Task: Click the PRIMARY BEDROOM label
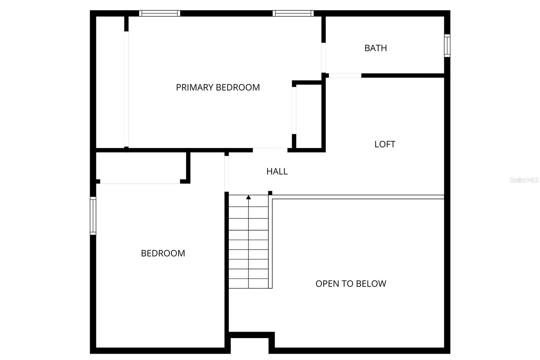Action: click(x=218, y=87)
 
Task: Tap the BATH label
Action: click(x=376, y=48)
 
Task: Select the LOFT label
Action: click(x=385, y=144)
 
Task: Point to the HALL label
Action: click(x=277, y=171)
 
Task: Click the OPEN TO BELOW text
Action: click(x=351, y=284)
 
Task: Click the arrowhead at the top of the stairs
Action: click(x=248, y=197)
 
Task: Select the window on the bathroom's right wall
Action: click(x=447, y=46)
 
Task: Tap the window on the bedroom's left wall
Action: click(x=93, y=216)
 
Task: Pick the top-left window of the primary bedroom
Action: click(x=160, y=13)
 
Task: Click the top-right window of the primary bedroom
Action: click(x=293, y=13)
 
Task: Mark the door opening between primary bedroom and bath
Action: click(x=324, y=58)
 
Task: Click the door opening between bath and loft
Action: click(x=345, y=76)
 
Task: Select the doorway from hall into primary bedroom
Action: click(x=270, y=150)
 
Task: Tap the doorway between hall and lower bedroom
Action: click(x=226, y=174)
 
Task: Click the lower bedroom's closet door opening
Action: click(x=140, y=182)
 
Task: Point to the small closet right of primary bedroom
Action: click(x=309, y=116)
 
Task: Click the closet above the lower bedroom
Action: click(x=141, y=166)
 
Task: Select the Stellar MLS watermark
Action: click(x=524, y=180)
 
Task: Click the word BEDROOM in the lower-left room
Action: click(x=163, y=253)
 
